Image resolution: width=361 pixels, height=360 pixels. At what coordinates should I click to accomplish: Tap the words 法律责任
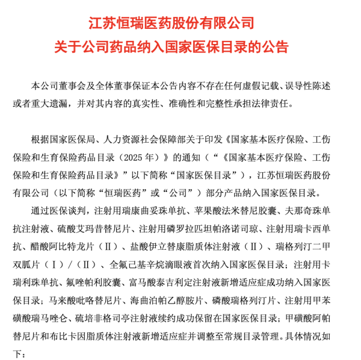click(270, 104)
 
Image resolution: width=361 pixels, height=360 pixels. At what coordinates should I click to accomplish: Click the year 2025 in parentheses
click(134, 158)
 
